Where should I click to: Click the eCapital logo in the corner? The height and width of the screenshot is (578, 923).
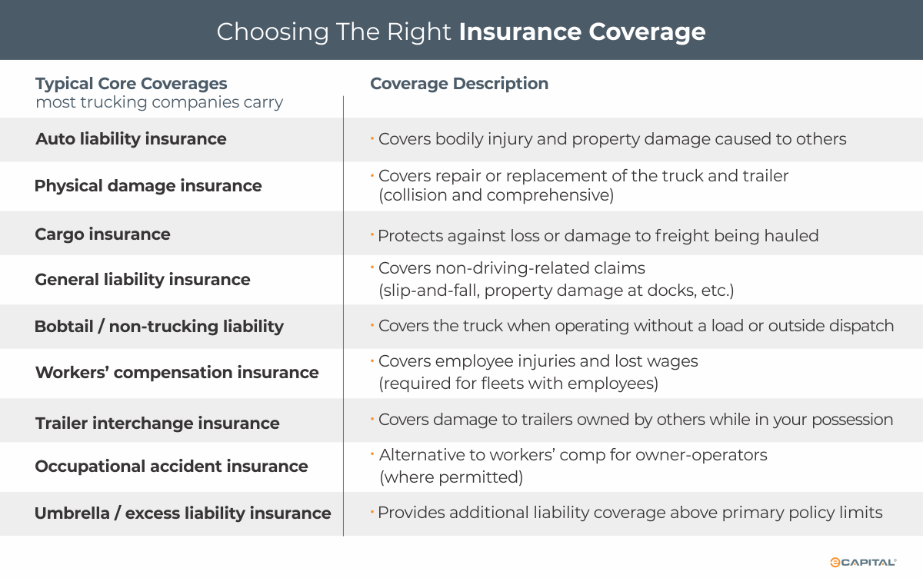tap(863, 563)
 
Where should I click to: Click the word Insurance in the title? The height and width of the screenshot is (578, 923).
tap(520, 32)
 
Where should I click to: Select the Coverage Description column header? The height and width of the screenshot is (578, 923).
tap(459, 84)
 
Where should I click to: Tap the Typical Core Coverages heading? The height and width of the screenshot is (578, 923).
tap(131, 84)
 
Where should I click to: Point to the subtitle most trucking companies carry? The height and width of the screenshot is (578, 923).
tap(159, 102)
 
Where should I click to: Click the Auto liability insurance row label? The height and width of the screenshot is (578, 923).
tap(131, 139)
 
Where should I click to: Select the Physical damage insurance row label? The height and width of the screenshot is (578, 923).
tap(148, 186)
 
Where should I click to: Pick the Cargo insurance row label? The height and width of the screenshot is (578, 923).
tap(102, 234)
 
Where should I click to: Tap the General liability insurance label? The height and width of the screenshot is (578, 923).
tap(142, 280)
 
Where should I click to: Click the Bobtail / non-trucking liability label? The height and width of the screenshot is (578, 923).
tap(158, 327)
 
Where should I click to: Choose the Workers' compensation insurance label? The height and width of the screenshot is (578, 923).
tap(177, 373)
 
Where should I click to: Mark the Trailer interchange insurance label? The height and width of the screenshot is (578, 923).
tap(157, 424)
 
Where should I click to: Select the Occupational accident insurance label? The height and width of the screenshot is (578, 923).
tap(171, 467)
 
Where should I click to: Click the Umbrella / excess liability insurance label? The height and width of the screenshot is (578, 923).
tap(182, 513)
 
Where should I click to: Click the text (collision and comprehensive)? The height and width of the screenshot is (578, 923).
tap(496, 195)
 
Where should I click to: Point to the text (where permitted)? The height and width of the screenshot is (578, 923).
tap(451, 477)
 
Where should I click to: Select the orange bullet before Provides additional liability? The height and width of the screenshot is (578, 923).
tap(372, 512)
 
